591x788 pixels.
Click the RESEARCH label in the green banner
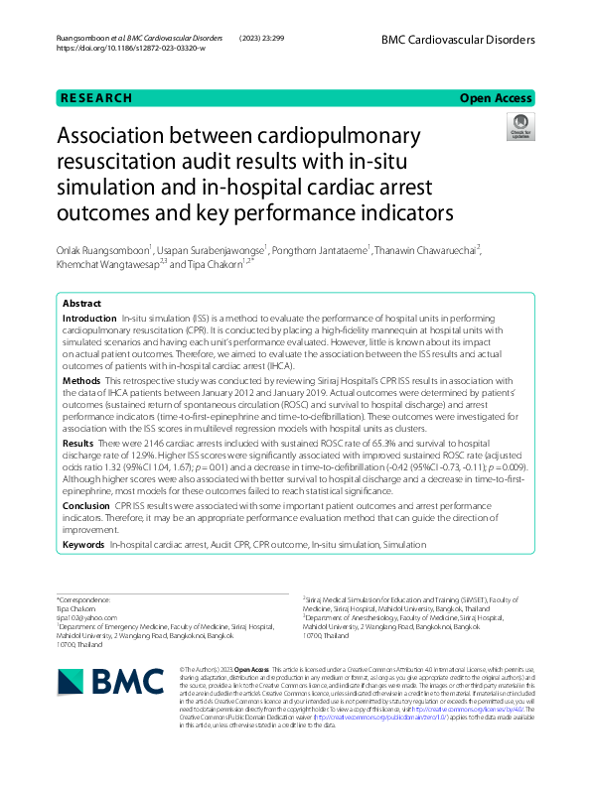96,98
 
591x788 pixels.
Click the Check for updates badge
519,126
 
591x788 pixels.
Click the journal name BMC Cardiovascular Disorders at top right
458,40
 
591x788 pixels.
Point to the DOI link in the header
131,48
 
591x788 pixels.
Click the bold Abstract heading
81,303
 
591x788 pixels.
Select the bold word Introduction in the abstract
90,318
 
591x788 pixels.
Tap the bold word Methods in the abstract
81,381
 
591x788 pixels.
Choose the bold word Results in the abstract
78,443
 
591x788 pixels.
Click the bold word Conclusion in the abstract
85,505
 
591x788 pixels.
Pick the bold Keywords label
83,545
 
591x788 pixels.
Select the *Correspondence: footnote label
82,600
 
